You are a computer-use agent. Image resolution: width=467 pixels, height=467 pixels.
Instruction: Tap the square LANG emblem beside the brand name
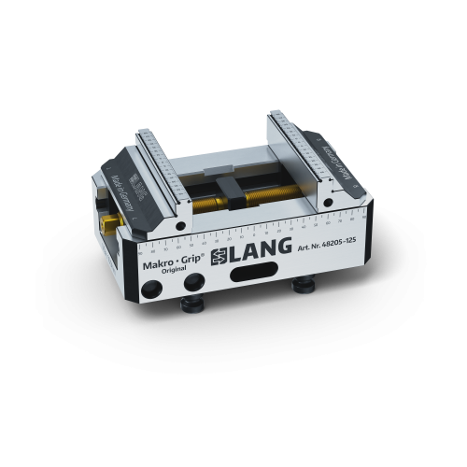click(x=217, y=259)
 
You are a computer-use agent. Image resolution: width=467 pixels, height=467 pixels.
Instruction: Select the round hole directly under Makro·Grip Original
click(x=193, y=281)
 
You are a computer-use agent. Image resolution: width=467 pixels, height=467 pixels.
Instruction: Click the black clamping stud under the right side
click(x=302, y=284)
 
